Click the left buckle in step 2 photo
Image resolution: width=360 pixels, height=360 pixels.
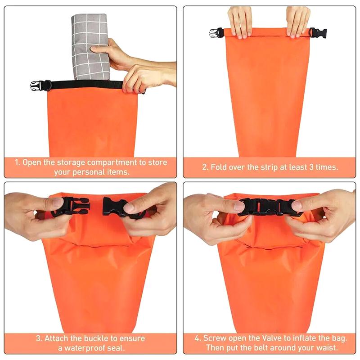point(216,33)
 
